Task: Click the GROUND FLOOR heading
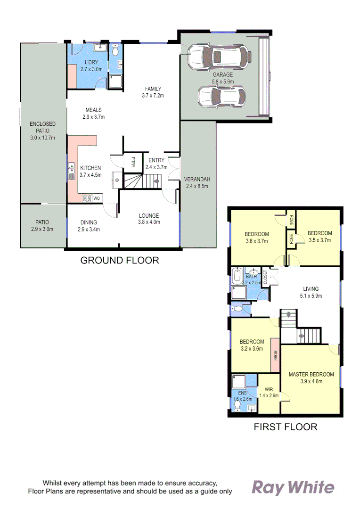click(120, 260)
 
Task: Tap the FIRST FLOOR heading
click(285, 427)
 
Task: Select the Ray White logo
click(294, 487)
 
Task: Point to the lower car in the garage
click(221, 97)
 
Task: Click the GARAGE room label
click(222, 75)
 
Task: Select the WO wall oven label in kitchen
click(96, 198)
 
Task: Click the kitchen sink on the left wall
click(71, 171)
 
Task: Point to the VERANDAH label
click(196, 179)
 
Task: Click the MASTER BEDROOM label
click(311, 375)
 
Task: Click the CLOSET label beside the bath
click(265, 276)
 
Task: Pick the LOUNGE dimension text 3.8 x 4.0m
click(149, 222)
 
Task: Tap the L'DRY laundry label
click(91, 63)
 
